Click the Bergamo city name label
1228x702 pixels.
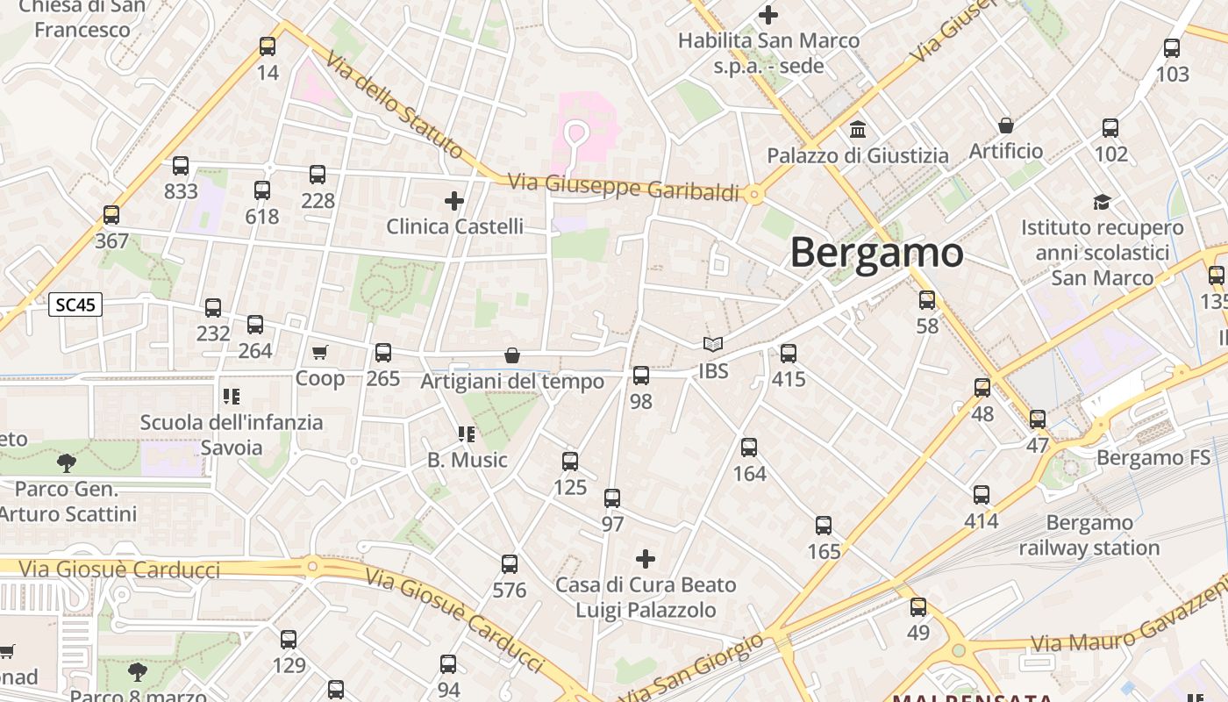876,253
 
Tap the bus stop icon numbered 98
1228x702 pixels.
641,376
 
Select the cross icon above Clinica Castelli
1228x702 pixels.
454,201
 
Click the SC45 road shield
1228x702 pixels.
75,304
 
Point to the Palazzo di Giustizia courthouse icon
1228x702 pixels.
858,130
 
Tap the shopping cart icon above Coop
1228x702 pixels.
320,352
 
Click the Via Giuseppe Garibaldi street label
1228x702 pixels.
625,187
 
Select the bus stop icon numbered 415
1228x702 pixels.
789,354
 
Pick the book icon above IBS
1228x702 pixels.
713,345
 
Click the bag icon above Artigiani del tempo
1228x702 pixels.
512,355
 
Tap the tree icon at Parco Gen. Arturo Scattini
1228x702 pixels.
66,462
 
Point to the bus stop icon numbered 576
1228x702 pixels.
510,564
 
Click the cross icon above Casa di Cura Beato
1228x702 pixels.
646,559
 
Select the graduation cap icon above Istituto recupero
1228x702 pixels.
1102,203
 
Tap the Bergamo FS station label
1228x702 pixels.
1153,457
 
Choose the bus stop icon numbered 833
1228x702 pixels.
181,165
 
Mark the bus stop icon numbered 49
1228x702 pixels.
918,606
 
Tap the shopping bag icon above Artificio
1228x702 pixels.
1006,125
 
